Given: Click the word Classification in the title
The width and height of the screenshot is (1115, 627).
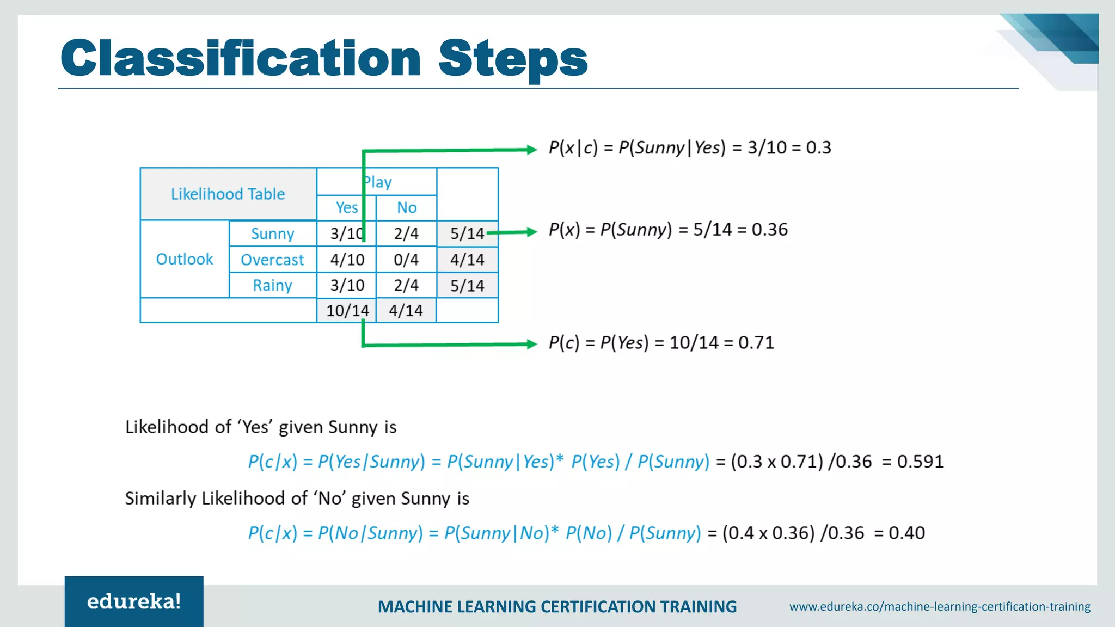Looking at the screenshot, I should [240, 58].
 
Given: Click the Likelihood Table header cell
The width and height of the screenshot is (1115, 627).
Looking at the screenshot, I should [228, 194].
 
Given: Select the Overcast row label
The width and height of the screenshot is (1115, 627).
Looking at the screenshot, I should [272, 260].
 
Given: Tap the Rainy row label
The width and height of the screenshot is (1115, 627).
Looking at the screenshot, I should [272, 285].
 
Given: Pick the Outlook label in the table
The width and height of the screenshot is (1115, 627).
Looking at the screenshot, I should [184, 259].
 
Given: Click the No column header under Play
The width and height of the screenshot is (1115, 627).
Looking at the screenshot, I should [406, 207].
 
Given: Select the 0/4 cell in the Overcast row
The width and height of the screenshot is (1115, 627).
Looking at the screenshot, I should [406, 260].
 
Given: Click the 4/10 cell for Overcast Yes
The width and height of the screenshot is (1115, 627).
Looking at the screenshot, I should [347, 260].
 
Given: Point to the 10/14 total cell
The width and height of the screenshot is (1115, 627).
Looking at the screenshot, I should [347, 311].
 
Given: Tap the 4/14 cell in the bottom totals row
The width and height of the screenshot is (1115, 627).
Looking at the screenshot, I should [406, 311].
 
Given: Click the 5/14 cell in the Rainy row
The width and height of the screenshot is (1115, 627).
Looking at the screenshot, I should [467, 286].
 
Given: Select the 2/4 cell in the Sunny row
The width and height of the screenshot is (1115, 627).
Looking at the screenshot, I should [406, 233].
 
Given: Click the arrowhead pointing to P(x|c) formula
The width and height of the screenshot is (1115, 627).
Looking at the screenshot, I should [532, 150].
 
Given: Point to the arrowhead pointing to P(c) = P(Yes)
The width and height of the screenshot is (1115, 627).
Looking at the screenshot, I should [532, 344].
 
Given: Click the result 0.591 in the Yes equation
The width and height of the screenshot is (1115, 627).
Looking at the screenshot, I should [920, 462].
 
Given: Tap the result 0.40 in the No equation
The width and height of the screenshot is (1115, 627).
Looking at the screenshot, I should [906, 533].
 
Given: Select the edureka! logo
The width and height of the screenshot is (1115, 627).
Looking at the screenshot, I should [134, 601].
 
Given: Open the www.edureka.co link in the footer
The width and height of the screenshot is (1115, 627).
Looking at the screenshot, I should [940, 606].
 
